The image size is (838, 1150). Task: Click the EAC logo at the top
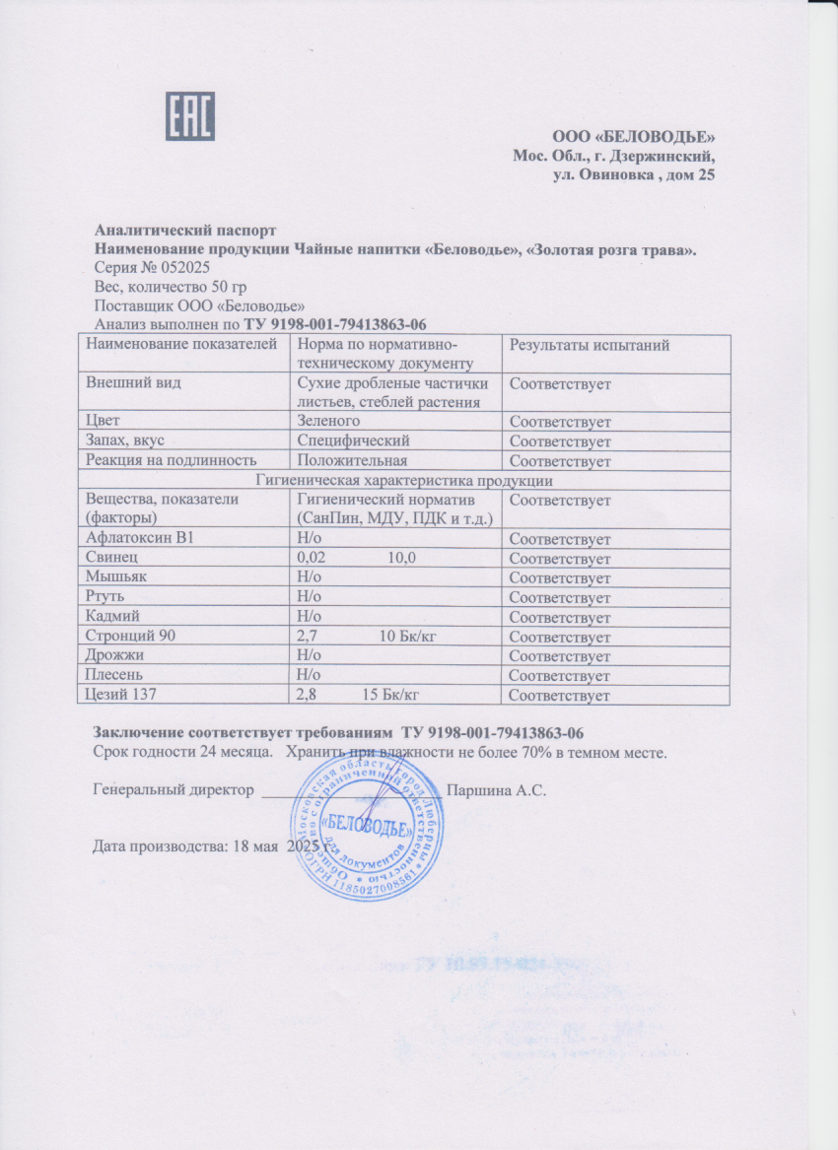coord(189,117)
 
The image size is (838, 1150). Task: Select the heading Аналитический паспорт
coord(178,232)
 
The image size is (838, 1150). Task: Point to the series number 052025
coord(183,268)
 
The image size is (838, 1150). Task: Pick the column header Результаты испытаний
coord(589,345)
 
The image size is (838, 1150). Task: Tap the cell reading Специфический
coord(354,441)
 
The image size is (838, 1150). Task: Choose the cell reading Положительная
coord(353,460)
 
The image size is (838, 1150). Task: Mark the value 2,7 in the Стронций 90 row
coord(308,637)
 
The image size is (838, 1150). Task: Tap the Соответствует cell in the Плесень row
coord(559,676)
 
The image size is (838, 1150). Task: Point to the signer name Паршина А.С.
coord(496,790)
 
